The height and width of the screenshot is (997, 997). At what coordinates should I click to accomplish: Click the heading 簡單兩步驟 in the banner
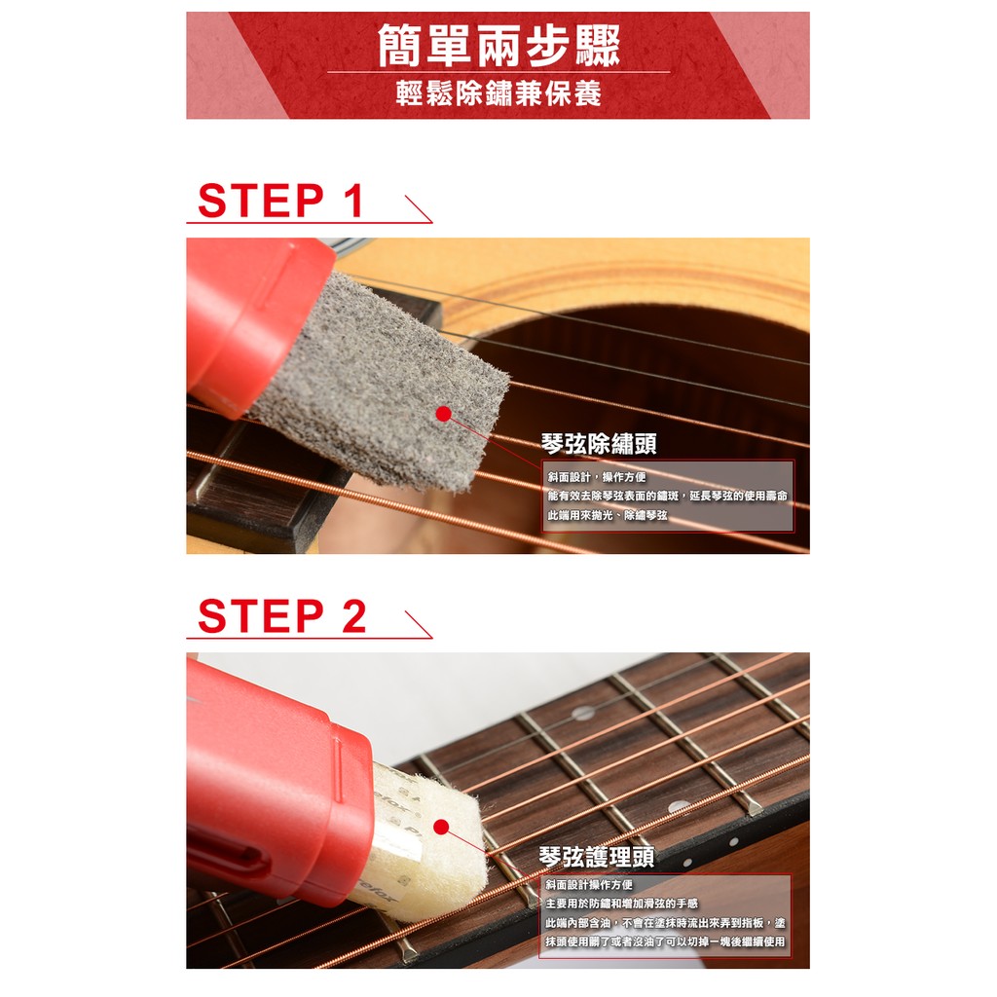(498, 45)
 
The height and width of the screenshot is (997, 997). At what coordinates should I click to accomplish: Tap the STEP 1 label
(280, 201)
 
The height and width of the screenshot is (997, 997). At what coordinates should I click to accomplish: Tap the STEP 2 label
(281, 615)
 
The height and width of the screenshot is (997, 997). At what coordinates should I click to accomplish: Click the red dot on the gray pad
(443, 414)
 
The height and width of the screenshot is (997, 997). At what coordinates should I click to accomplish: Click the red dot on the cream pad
(441, 828)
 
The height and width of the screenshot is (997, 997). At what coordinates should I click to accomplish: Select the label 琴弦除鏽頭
(599, 443)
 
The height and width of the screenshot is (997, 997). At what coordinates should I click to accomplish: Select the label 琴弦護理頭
(597, 857)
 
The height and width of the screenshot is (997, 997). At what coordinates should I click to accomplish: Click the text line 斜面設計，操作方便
(597, 477)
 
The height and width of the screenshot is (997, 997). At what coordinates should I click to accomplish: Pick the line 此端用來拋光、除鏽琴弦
(608, 515)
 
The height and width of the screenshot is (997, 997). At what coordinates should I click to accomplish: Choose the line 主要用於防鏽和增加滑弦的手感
(622, 904)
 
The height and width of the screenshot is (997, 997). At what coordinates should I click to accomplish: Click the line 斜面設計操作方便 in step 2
(589, 885)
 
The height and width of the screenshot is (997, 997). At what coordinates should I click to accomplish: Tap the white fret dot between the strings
(583, 714)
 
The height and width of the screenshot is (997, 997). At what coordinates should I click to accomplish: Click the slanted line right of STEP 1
(419, 209)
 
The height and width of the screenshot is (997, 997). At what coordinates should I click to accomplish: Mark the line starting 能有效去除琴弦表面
(668, 496)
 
